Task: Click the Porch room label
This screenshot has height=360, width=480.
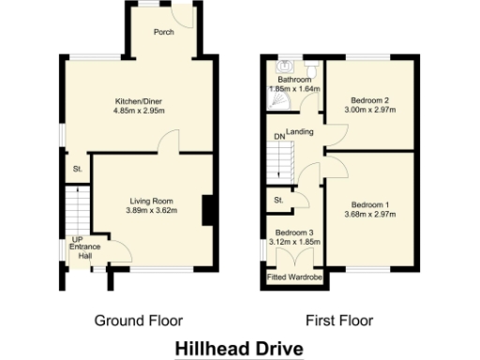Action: point(164,30)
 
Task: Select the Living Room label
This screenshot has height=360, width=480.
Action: point(151,200)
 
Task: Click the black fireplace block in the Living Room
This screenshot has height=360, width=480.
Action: point(207,208)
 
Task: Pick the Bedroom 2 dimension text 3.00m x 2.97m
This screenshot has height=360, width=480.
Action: point(369,110)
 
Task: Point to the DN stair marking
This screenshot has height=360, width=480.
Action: point(278,138)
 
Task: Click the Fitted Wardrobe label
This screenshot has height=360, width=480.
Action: point(293,277)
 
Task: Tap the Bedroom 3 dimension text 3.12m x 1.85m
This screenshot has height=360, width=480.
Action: point(293,242)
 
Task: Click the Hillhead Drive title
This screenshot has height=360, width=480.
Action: point(239,348)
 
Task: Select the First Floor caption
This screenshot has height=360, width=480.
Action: point(339,321)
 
